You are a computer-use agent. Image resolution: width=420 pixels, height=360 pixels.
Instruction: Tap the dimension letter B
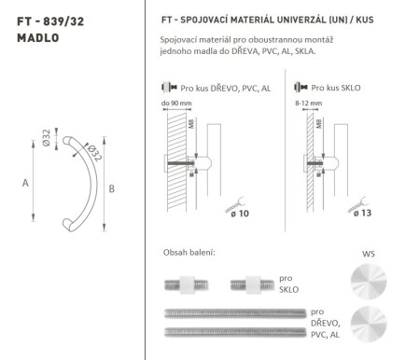(x=112, y=190)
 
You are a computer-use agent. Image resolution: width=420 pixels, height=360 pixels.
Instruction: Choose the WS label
(x=366, y=252)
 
